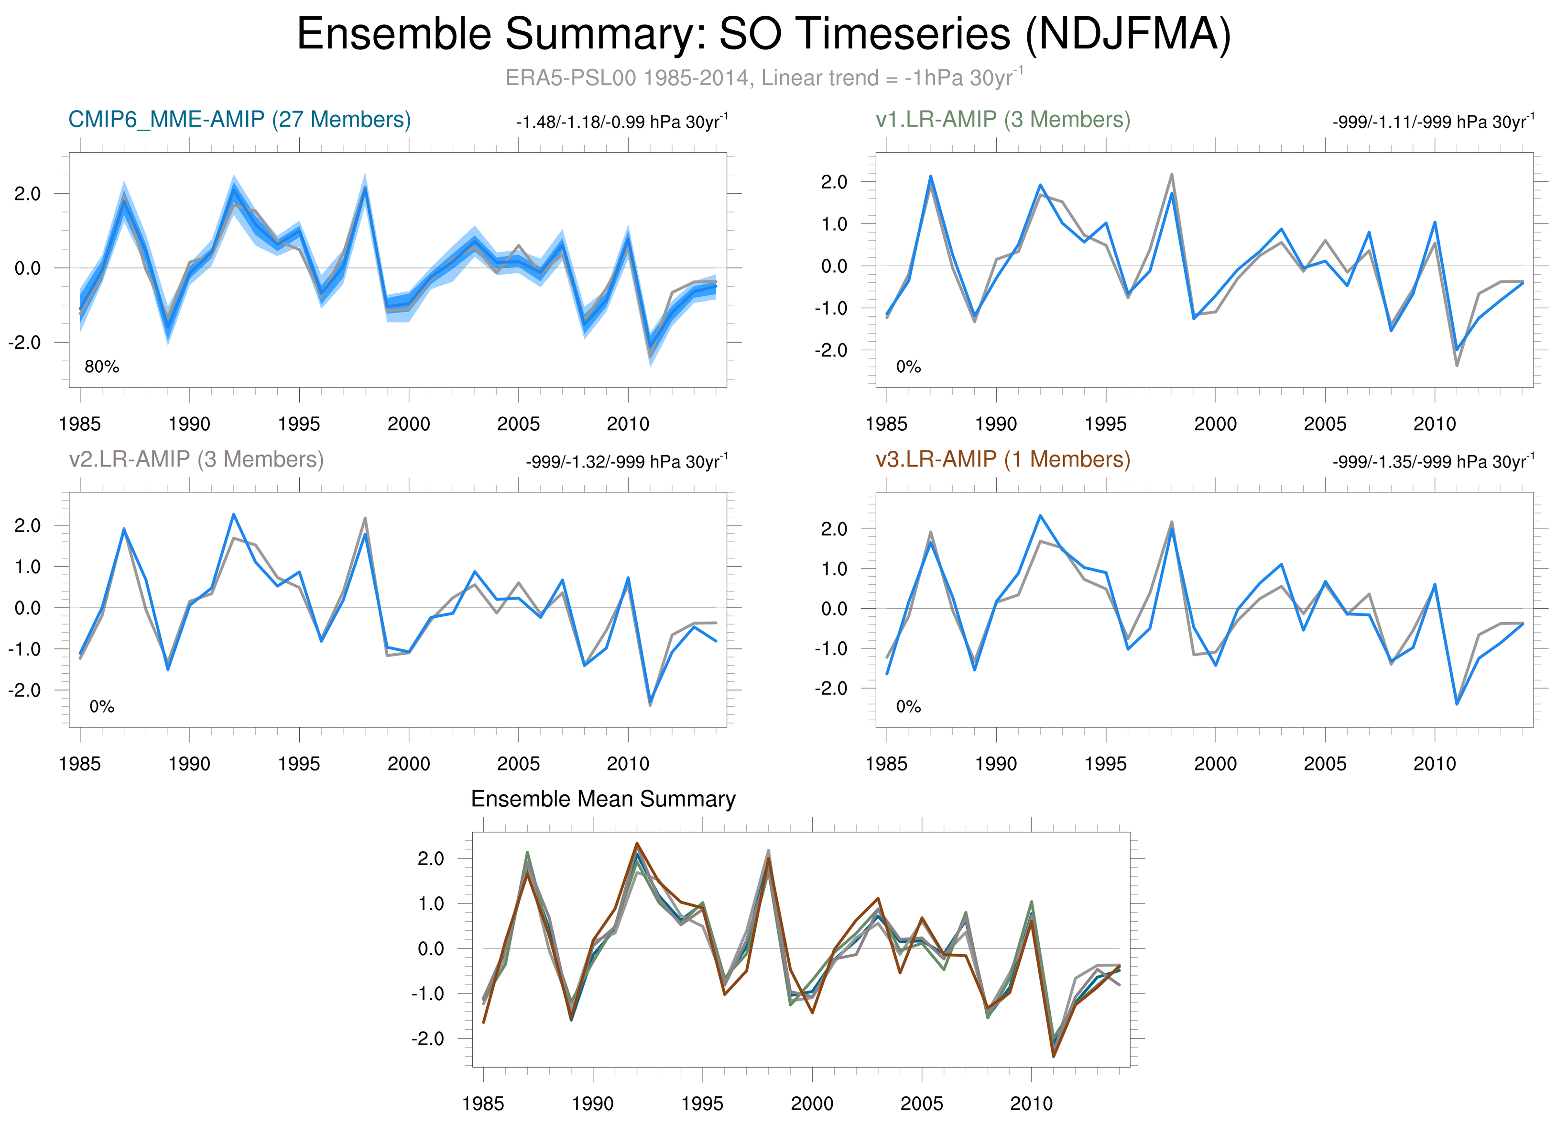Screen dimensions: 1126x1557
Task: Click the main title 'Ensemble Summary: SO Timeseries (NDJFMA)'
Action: coord(763,34)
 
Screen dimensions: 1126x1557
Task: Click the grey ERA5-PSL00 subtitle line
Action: coord(763,78)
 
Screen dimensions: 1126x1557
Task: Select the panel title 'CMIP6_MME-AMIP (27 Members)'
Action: coord(240,120)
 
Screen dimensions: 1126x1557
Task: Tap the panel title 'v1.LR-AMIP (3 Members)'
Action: coord(1002,120)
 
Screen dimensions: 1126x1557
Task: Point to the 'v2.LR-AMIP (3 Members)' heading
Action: coord(196,459)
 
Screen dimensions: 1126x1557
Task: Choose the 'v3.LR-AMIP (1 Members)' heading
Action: coord(1002,459)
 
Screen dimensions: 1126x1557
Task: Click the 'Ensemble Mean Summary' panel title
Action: coord(603,799)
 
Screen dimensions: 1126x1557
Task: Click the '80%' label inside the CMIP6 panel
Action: coord(102,367)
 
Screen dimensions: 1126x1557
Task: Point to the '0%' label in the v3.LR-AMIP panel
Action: coord(908,706)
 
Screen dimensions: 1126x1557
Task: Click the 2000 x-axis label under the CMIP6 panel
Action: coord(408,424)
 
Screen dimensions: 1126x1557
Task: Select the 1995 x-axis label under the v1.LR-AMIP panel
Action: coord(1105,424)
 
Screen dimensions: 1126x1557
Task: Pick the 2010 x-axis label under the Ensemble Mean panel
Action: coord(1031,1104)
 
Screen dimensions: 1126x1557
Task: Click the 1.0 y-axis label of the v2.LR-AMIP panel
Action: coord(27,567)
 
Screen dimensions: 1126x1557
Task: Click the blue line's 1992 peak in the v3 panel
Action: coord(1040,515)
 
